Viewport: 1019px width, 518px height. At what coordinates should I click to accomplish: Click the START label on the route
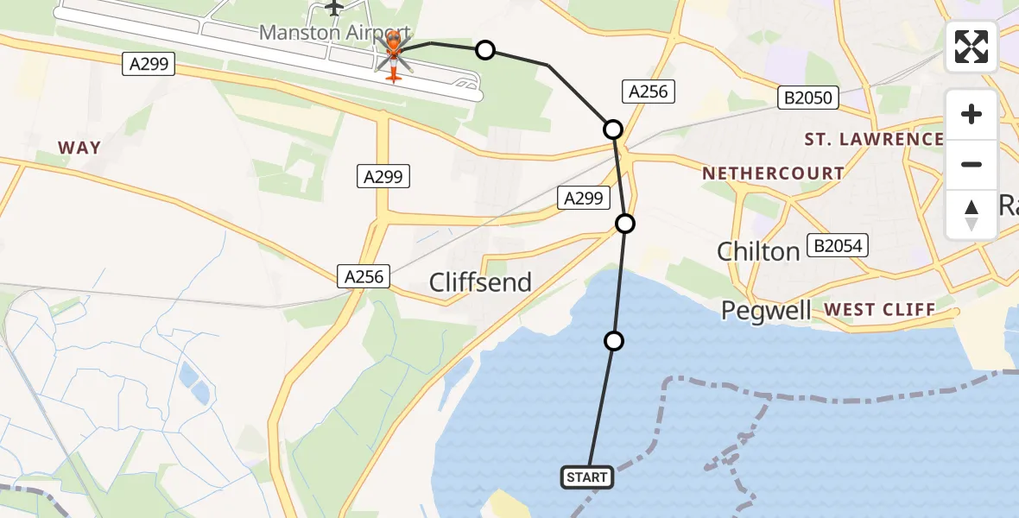tap(587, 477)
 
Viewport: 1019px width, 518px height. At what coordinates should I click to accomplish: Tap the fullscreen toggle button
tap(972, 47)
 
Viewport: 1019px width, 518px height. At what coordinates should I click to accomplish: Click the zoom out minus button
tap(972, 164)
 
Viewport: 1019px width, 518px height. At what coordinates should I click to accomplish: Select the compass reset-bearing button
tap(972, 215)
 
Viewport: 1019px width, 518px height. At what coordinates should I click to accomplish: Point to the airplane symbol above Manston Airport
tap(335, 8)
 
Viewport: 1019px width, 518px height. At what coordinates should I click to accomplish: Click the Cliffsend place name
tap(480, 282)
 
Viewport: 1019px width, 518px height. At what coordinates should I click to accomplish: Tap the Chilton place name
tap(758, 251)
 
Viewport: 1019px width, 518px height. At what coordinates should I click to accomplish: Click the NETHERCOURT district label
tap(772, 174)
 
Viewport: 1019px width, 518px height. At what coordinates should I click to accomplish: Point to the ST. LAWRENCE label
tap(873, 139)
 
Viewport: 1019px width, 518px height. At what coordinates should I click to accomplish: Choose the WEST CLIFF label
tap(879, 309)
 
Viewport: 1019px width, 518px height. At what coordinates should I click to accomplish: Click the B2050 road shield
tap(808, 98)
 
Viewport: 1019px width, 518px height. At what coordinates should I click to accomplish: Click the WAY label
tap(79, 148)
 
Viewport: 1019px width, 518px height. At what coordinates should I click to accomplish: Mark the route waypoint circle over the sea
tap(613, 341)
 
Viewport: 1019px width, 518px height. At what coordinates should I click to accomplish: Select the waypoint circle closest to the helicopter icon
tap(485, 50)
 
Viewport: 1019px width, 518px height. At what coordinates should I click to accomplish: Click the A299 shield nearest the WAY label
tap(149, 63)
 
